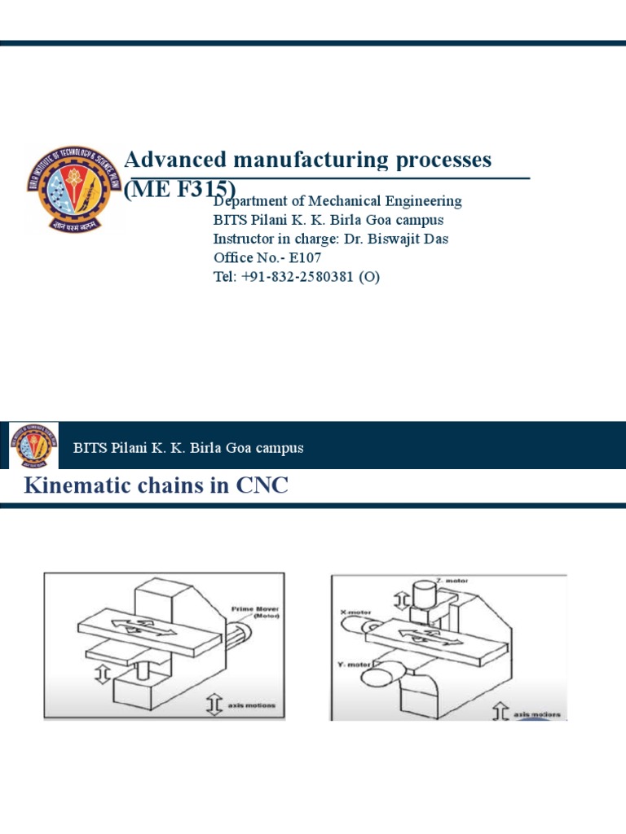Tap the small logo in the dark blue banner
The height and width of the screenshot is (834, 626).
(33, 447)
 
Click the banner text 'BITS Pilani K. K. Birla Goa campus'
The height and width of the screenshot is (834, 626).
(188, 448)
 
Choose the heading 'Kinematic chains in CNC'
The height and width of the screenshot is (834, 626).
(156, 487)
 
